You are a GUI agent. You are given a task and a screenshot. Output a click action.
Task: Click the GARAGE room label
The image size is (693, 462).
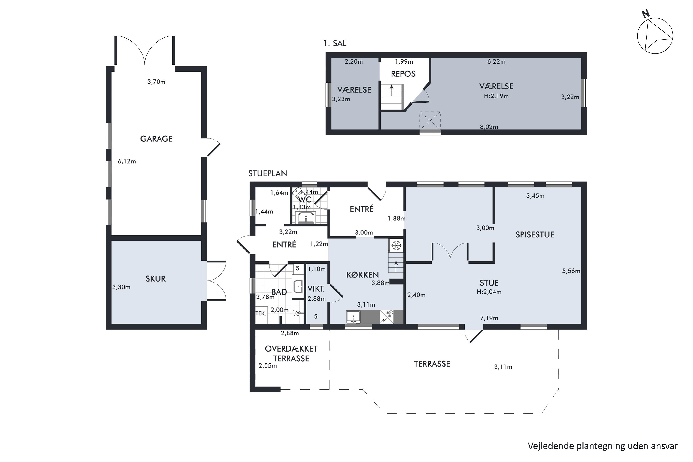click(x=156, y=139)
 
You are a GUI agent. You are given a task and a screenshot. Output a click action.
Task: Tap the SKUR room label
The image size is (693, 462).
click(x=155, y=279)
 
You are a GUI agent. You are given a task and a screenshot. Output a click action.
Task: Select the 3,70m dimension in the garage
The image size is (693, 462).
click(x=156, y=82)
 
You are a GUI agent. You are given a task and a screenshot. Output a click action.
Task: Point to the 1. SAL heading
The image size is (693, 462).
click(x=335, y=43)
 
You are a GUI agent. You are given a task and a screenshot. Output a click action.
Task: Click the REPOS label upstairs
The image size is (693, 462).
click(x=403, y=74)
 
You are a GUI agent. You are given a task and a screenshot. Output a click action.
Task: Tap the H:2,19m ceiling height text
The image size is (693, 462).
click(x=496, y=96)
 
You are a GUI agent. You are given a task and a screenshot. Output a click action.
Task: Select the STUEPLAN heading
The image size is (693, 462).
click(x=267, y=173)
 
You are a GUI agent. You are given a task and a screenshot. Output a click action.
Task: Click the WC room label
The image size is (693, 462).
click(x=305, y=200)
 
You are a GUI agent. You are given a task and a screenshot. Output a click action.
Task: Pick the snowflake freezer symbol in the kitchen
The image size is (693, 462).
click(x=397, y=245)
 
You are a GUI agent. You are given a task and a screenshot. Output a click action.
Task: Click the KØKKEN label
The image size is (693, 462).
click(x=362, y=275)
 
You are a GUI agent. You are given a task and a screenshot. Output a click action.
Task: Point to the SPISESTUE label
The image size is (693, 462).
click(x=535, y=235)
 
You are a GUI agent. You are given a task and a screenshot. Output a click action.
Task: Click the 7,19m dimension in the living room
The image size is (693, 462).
click(x=489, y=318)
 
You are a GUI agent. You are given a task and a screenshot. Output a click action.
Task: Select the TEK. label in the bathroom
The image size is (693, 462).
click(x=261, y=313)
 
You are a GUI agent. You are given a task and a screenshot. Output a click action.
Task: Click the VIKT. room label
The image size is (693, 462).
click(x=316, y=289)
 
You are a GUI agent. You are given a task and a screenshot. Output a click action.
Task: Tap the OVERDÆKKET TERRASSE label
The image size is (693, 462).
click(x=291, y=354)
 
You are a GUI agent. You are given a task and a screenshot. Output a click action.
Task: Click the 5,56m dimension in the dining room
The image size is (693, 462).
click(x=571, y=271)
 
